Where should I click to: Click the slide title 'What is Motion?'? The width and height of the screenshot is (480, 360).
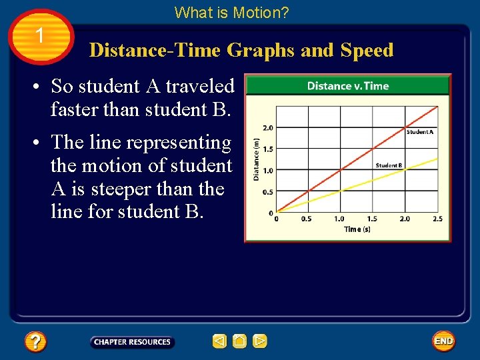(x=231, y=12)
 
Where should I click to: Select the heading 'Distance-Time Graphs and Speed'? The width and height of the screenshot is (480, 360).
(x=241, y=51)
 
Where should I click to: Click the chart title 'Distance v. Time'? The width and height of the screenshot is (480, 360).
(x=347, y=86)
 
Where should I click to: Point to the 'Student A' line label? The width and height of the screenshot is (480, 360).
(x=420, y=132)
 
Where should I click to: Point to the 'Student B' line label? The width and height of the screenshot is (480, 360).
(x=389, y=165)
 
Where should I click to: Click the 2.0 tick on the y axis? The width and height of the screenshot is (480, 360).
(x=267, y=127)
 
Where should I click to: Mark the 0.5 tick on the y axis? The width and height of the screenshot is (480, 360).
(x=267, y=192)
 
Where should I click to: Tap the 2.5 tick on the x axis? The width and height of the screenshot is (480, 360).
(x=437, y=219)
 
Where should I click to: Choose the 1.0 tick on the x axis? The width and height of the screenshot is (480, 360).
(x=339, y=219)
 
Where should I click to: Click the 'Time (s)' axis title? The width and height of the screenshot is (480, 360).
(x=357, y=229)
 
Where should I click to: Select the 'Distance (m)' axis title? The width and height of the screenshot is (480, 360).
(x=256, y=159)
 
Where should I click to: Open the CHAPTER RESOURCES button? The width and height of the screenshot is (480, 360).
(x=132, y=342)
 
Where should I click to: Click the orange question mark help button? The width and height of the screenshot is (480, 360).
(x=35, y=342)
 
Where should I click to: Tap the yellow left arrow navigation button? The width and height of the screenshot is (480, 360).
(x=219, y=342)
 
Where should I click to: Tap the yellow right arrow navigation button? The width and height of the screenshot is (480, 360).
(x=260, y=342)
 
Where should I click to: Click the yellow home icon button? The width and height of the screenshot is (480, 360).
(x=240, y=342)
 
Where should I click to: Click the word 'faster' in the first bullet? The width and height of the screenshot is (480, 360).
(x=75, y=110)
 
